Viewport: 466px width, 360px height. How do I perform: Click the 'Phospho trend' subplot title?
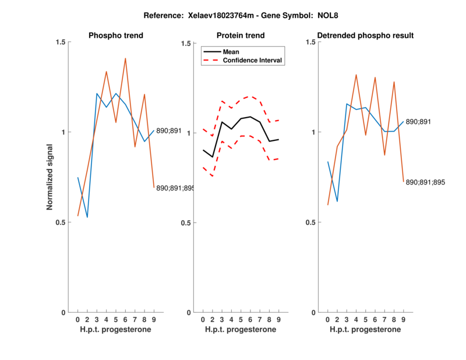tap(115, 36)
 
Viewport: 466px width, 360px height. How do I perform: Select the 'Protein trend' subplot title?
tap(241, 36)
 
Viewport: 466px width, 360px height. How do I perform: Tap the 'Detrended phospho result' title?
tap(365, 36)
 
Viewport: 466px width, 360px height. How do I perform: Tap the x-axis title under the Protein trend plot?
tap(241, 330)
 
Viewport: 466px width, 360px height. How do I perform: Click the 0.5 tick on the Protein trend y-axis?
tap(188, 223)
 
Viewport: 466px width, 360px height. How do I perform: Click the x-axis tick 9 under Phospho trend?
tap(154, 319)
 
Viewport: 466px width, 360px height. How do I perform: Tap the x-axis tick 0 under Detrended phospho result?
tap(328, 319)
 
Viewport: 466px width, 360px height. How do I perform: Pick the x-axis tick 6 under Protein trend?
tap(250, 319)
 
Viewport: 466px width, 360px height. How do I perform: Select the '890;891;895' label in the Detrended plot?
tap(425, 182)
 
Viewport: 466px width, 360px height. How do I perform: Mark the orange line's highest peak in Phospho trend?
tap(125, 58)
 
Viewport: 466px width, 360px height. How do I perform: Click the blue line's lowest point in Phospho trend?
tap(87, 217)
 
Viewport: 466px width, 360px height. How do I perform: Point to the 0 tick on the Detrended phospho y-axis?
tap(314, 312)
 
